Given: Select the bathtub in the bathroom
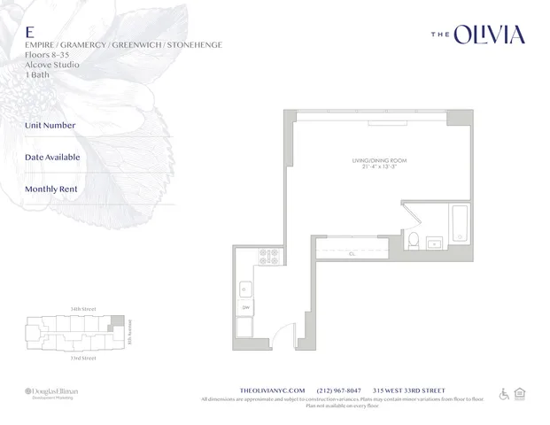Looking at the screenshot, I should point(461,226).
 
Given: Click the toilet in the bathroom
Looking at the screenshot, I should point(414,237).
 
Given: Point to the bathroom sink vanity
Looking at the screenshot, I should point(435,241).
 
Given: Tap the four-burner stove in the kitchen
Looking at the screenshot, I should point(268,257).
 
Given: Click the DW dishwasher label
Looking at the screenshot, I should point(245,307).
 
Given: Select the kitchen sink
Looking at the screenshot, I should point(245,289).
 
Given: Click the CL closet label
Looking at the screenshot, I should point(352,254).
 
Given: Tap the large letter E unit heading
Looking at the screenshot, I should point(29,30).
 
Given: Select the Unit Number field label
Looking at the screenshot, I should point(50,126).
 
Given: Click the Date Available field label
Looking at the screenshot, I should point(52,158).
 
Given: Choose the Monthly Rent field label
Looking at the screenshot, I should point(51,189).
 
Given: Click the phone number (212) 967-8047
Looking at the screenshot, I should point(343,390).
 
